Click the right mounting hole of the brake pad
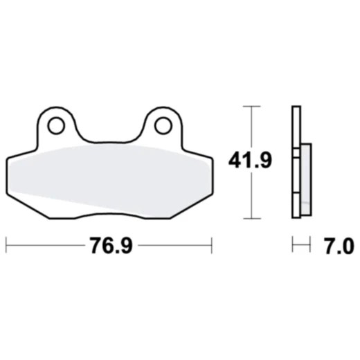coord(163,125)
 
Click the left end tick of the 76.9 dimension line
coord(6,244)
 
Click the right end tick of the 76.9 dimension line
coord(211,244)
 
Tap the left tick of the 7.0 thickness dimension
coord(293,244)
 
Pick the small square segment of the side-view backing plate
coord(297,152)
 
